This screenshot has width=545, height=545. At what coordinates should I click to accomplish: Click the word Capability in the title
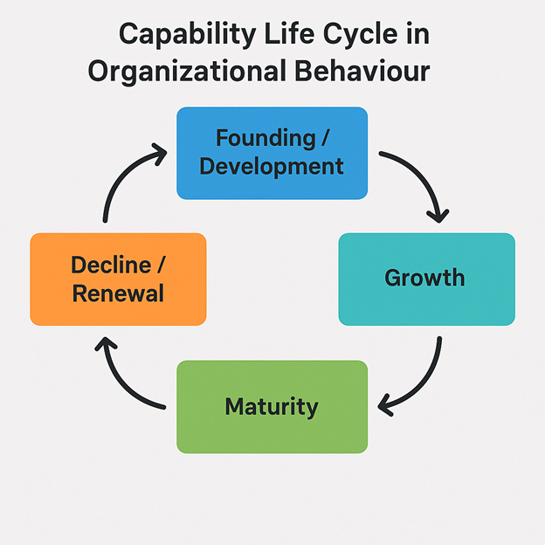187,35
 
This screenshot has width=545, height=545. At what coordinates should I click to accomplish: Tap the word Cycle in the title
360,35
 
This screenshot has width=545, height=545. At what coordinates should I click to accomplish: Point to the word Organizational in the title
187,72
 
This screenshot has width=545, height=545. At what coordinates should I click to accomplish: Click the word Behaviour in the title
362,71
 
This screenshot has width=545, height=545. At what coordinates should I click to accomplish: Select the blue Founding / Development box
272,154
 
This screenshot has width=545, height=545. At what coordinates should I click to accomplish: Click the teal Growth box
427,279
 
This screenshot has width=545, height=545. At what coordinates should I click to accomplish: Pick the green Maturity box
272,407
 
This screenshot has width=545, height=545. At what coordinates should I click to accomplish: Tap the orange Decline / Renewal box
118,279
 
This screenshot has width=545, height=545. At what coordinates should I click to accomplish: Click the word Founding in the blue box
266,138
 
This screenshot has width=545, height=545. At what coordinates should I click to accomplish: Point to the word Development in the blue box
272,167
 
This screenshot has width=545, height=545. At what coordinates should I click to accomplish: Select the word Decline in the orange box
111,265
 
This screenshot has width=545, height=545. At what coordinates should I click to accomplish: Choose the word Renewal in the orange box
118,293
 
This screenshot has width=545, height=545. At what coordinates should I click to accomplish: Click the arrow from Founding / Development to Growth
421,176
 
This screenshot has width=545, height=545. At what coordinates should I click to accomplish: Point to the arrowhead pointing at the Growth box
438,217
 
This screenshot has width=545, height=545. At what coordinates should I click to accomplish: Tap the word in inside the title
418,34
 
